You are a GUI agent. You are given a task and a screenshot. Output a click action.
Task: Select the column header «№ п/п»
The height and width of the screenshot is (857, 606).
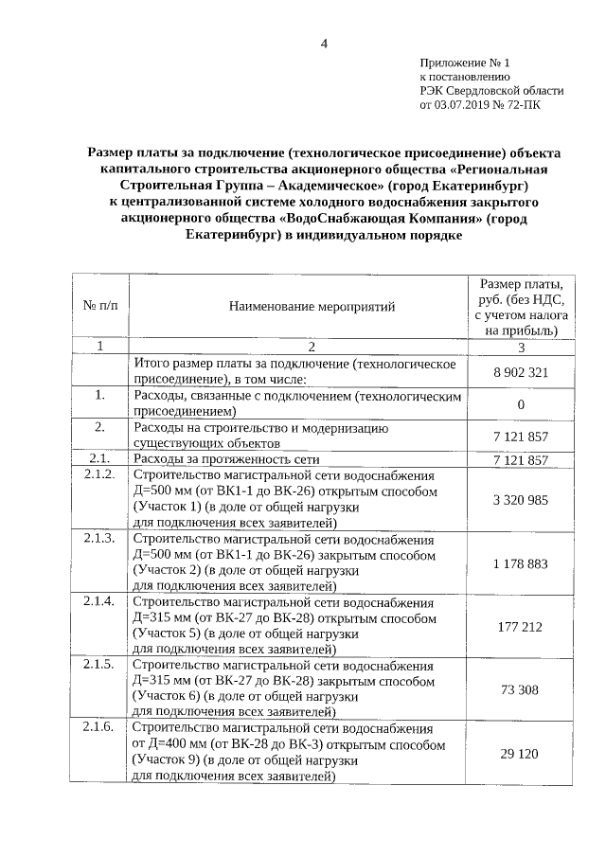[101, 306]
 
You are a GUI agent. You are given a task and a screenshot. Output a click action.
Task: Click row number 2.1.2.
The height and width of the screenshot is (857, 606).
[99, 474]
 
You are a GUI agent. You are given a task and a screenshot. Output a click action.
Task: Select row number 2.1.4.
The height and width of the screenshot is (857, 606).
[99, 601]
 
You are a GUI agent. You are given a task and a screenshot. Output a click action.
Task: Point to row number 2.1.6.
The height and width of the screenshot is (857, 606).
[99, 727]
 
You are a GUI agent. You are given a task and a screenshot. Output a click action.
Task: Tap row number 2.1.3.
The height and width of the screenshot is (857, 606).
[99, 538]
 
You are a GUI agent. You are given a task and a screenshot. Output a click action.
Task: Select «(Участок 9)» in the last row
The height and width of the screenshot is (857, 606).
[167, 760]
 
